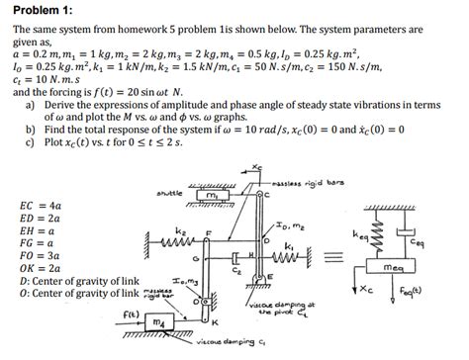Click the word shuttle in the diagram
pos(171,192)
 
